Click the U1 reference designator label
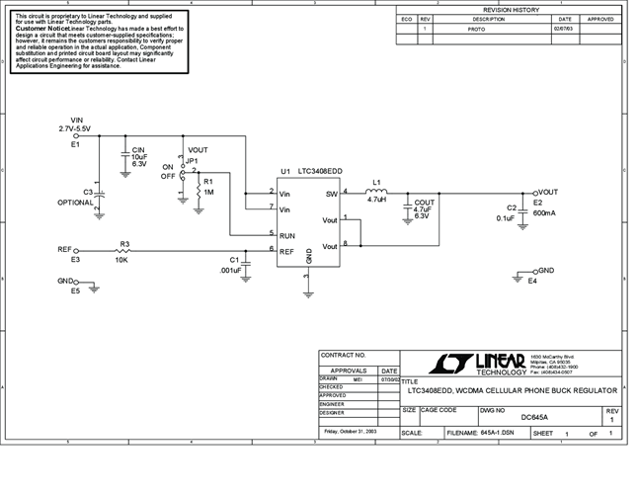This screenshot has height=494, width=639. (285, 170)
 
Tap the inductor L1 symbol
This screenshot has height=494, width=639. (375, 192)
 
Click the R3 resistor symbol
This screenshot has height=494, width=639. (124, 251)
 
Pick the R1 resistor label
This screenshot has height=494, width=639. (208, 182)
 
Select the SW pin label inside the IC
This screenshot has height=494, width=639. (331, 194)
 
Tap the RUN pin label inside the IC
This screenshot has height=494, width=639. (286, 236)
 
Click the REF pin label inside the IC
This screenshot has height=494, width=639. (285, 251)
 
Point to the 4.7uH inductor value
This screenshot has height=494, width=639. (376, 200)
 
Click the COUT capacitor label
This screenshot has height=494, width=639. (425, 202)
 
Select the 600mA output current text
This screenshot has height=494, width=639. (544, 212)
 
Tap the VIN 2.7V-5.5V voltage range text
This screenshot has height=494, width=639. (75, 129)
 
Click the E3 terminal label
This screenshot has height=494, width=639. (75, 260)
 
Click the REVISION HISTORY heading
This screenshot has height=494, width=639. (511, 10)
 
